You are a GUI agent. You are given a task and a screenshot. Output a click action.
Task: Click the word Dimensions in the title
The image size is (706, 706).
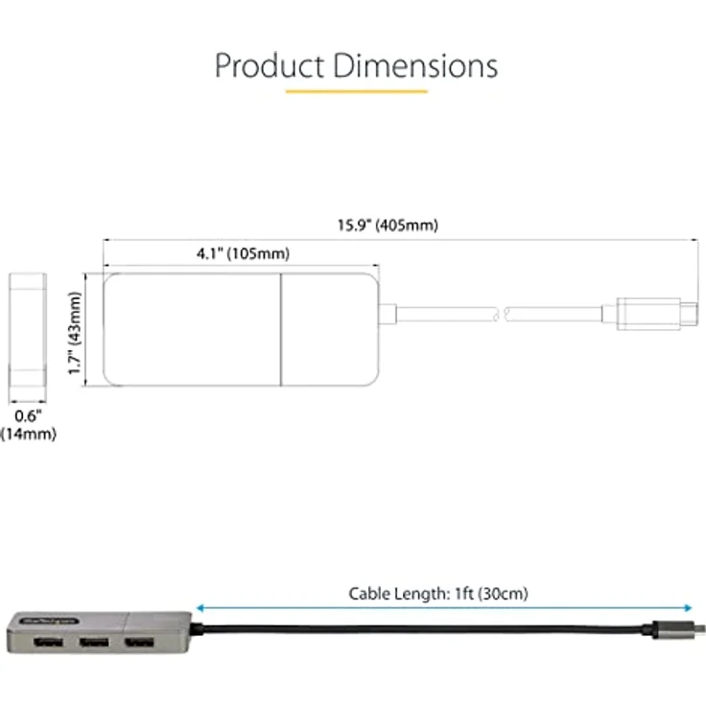pyautogui.click(x=414, y=65)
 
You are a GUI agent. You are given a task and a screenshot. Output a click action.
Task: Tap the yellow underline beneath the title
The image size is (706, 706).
pyautogui.click(x=356, y=92)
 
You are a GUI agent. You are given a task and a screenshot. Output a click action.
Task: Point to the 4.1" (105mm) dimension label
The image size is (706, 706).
pyautogui.click(x=243, y=254)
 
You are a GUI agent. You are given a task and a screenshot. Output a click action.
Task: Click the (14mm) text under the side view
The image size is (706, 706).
pyautogui.click(x=28, y=435)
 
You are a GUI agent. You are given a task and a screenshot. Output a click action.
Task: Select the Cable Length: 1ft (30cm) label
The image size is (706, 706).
pyautogui.click(x=437, y=594)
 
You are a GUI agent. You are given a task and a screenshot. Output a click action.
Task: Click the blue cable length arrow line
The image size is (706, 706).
pyautogui.click(x=441, y=607)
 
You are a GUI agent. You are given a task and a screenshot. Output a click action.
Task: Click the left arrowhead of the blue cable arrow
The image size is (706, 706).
pyautogui.click(x=199, y=607)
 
